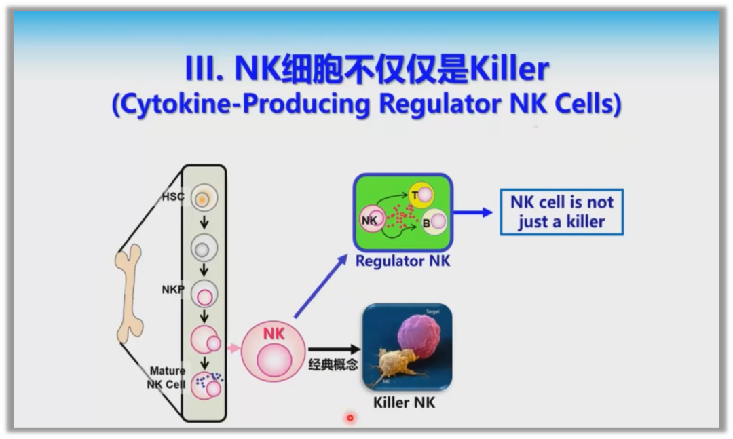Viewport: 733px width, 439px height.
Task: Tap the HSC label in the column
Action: click(173, 197)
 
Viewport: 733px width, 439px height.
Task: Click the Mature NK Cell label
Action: click(167, 377)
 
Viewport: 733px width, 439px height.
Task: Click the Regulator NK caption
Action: click(402, 260)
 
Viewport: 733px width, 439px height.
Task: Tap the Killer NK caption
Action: click(404, 402)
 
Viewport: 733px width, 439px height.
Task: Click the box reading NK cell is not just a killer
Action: click(561, 212)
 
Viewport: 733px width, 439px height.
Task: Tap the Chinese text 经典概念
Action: click(333, 364)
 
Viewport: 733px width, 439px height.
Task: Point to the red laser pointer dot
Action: click(350, 417)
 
